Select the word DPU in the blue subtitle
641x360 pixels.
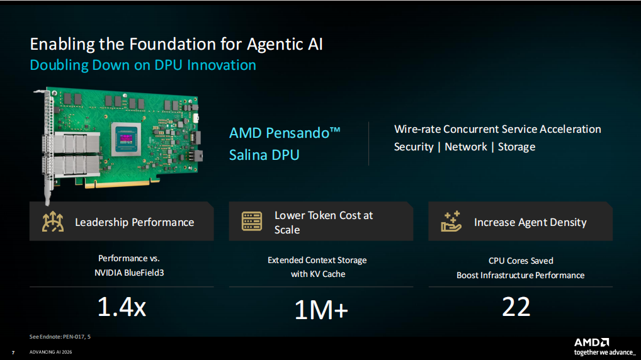pyautogui.click(x=168, y=65)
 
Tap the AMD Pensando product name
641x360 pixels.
pyautogui.click(x=285, y=133)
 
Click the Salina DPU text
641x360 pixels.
pyautogui.click(x=264, y=155)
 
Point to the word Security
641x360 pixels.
pyautogui.click(x=413, y=147)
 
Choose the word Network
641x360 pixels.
pyautogui.click(x=465, y=147)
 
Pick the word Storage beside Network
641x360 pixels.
pyautogui.click(x=516, y=147)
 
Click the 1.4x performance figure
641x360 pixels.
pyautogui.click(x=122, y=307)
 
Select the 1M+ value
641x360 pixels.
pyautogui.click(x=321, y=310)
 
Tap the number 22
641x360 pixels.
pyautogui.click(x=516, y=307)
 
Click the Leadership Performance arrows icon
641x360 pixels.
pyautogui.click(x=53, y=222)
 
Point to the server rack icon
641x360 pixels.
pyautogui.click(x=252, y=221)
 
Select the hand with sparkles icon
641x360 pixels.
pyautogui.click(x=451, y=221)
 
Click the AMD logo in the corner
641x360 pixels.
pyautogui.click(x=591, y=342)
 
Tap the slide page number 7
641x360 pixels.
pyautogui.click(x=13, y=352)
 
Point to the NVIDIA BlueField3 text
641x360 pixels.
pyautogui.click(x=129, y=273)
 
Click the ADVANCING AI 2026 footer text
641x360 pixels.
pyautogui.click(x=51, y=352)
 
